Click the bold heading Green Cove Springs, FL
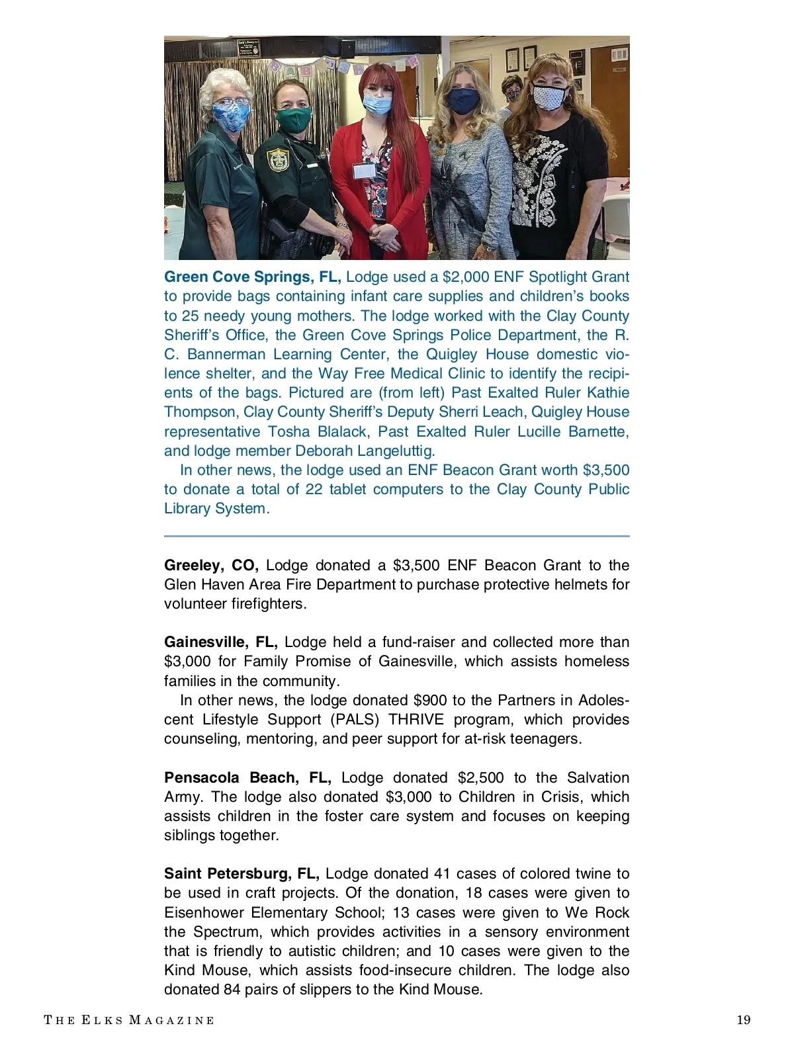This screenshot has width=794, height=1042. (252, 277)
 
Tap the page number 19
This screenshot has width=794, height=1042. (744, 1020)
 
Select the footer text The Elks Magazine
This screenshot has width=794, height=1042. (129, 1020)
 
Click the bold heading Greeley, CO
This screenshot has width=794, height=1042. (211, 566)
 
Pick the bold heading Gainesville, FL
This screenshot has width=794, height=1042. (221, 642)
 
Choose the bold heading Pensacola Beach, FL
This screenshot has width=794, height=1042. (247, 778)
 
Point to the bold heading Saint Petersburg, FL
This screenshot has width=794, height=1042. (242, 874)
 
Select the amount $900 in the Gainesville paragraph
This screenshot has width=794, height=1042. (430, 701)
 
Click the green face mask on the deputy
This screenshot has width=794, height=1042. (293, 120)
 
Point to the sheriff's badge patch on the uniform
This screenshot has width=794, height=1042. (277, 161)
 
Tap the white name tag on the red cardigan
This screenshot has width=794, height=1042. (364, 171)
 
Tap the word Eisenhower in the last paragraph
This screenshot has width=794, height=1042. (204, 913)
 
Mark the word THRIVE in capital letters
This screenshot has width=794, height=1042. (421, 720)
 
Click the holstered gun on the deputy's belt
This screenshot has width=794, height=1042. (281, 232)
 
